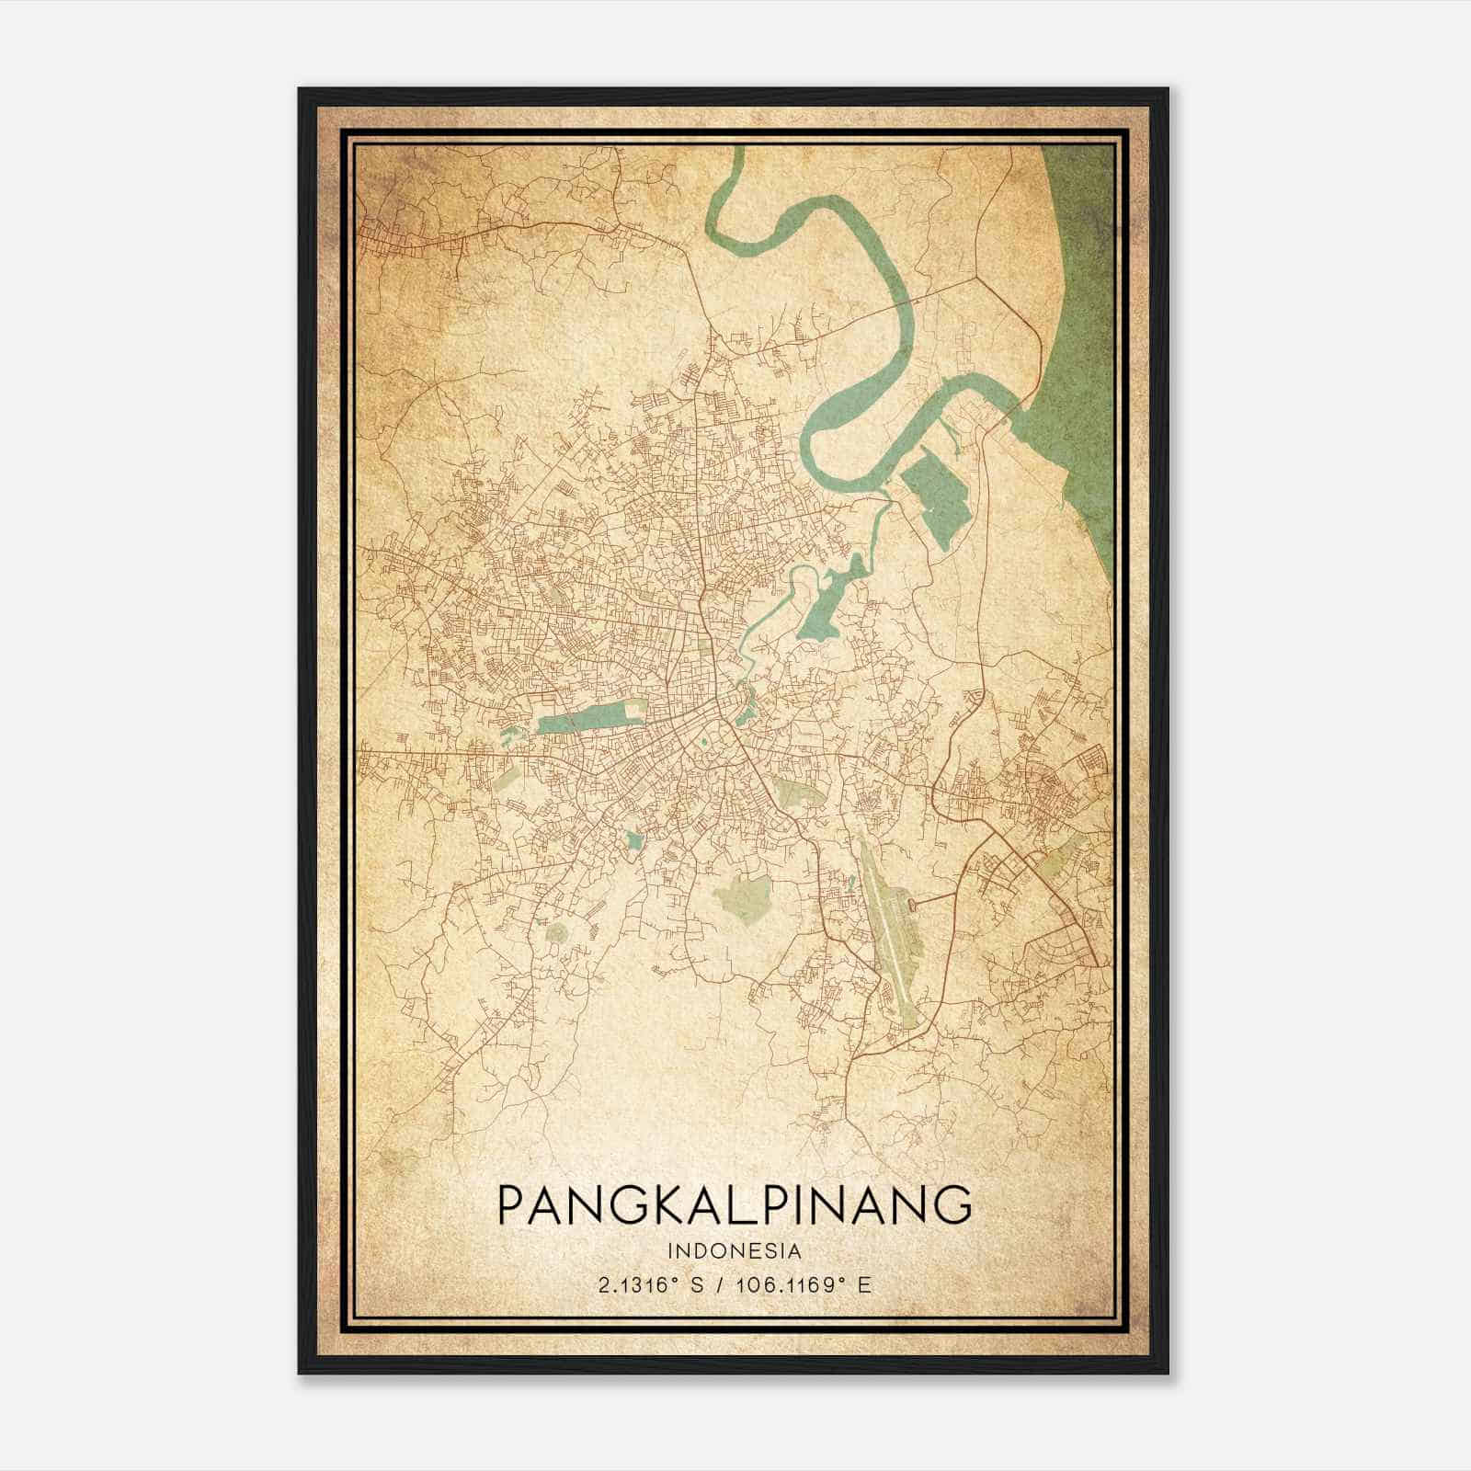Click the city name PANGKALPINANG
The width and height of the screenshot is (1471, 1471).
734,1204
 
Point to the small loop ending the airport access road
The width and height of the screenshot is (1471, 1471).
912,907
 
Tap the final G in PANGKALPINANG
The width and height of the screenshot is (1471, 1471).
953,1204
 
